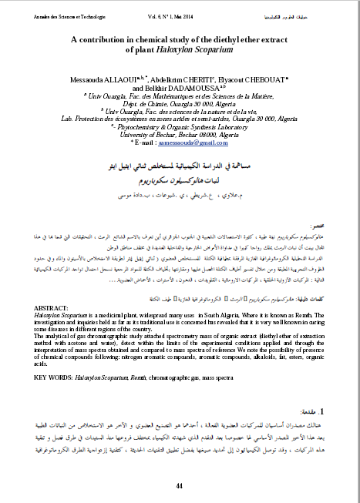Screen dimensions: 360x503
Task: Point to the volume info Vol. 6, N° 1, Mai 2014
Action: pyautogui.click(x=180, y=15)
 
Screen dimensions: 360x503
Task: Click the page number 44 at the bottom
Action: pyautogui.click(x=179, y=486)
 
